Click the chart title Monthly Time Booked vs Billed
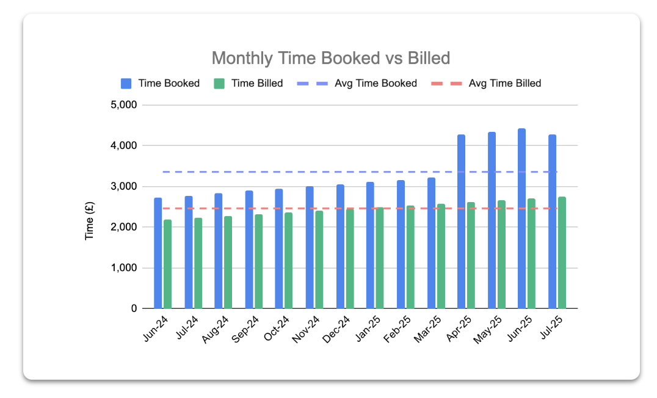point(330,58)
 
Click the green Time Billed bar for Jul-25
point(562,253)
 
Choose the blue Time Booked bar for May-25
point(492,220)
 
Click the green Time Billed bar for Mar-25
point(441,256)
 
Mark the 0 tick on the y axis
point(132,309)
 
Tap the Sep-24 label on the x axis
point(247,330)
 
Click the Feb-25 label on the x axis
point(399,330)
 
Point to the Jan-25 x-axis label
point(369,330)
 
